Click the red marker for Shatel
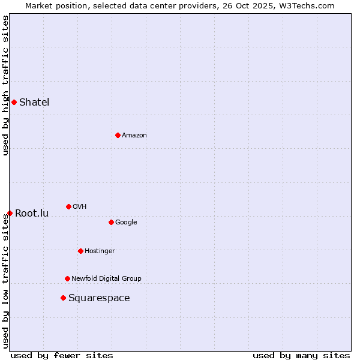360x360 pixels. (14, 102)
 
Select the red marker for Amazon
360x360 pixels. (118, 135)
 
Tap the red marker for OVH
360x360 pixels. (68, 206)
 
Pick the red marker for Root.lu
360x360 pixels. (10, 213)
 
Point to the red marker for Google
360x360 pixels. (111, 222)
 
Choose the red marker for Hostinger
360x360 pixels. (80, 251)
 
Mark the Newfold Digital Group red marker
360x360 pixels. (67, 278)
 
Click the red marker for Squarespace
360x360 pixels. (63, 298)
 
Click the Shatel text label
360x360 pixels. (34, 102)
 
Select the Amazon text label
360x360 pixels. (134, 135)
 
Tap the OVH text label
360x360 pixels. (80, 206)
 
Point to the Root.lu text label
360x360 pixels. (32, 213)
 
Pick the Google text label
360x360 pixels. (126, 222)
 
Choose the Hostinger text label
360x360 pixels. (100, 251)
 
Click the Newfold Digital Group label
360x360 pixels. (106, 278)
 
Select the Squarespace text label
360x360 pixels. (99, 298)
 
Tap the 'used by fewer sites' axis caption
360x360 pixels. (62, 355)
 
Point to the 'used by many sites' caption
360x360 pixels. (301, 355)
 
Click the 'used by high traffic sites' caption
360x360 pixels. (5, 85)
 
